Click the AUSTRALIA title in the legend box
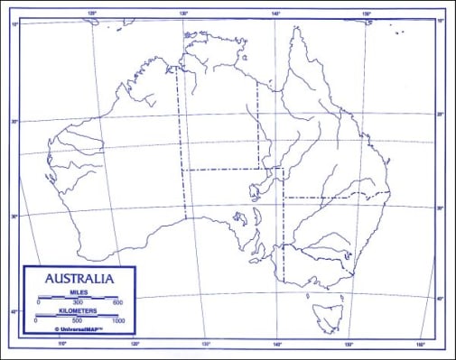79,278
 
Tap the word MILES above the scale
79,290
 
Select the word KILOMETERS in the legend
78,309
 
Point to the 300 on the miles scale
79,302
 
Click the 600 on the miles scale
117,302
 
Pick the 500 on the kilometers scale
77,320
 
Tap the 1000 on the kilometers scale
117,320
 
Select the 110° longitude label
62,343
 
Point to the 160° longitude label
420,344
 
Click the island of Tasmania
325,316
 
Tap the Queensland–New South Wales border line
334,196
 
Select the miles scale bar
79,296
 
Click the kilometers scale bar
78,315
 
